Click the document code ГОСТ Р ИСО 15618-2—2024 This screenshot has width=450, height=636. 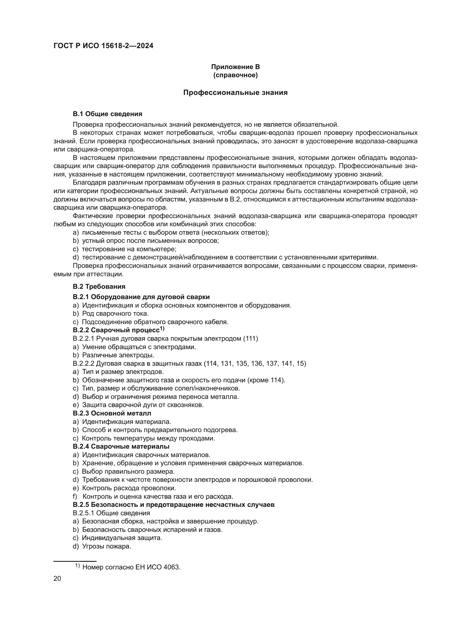[x=103, y=46]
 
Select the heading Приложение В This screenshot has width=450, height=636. [x=235, y=67]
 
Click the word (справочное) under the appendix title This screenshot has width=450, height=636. [x=235, y=75]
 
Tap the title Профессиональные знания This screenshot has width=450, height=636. [x=235, y=92]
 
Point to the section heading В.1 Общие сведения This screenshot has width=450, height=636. [x=107, y=114]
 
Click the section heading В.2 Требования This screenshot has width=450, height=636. [x=99, y=286]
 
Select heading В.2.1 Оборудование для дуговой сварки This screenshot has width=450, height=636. [x=141, y=297]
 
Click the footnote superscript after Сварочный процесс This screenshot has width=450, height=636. [x=162, y=328]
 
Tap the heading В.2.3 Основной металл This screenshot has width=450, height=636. [x=112, y=413]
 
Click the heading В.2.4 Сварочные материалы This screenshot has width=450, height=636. [x=121, y=446]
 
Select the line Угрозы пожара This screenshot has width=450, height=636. [x=106, y=546]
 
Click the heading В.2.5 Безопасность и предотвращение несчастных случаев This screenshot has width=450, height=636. [x=174, y=505]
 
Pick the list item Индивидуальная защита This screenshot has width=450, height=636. [x=122, y=538]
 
